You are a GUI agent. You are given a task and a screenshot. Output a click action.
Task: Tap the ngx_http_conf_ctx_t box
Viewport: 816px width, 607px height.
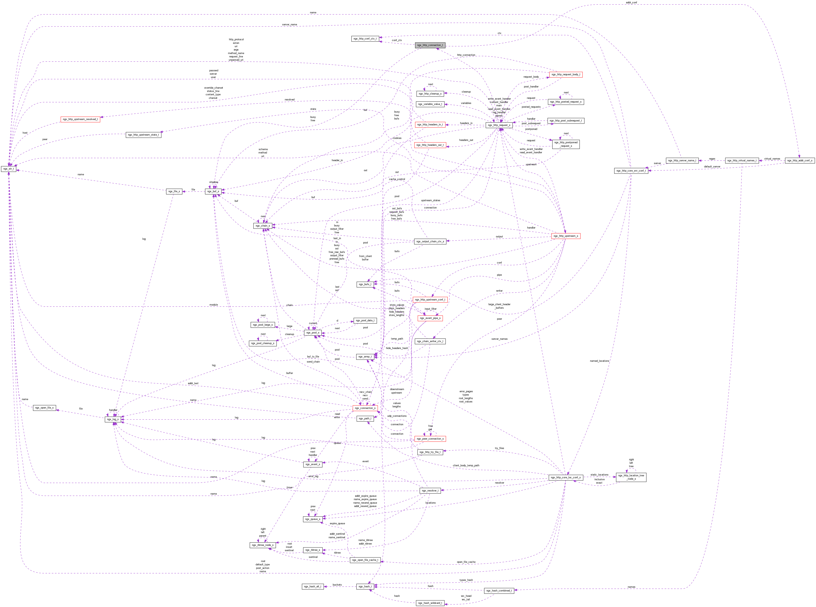(365, 39)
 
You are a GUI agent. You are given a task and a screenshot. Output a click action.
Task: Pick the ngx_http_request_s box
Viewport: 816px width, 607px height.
(499, 125)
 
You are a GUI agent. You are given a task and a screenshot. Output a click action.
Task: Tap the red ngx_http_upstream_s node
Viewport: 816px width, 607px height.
(565, 236)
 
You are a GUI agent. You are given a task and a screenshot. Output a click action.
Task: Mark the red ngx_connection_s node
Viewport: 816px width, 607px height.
(365, 408)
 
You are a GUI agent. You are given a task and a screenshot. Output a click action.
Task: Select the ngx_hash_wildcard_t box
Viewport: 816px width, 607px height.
(430, 603)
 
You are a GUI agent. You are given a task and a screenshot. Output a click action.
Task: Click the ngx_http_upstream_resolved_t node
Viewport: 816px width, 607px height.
(80, 119)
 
